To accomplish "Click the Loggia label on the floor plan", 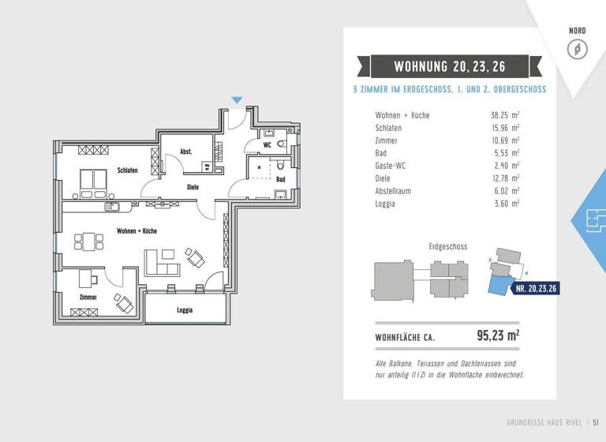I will tap(185, 310).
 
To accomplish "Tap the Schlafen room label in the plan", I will tap(128, 170).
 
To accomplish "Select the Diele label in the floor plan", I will tap(193, 187).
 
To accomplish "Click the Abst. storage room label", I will tap(186, 152).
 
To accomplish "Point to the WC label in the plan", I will tap(267, 145).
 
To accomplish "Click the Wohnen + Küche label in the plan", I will tap(137, 231).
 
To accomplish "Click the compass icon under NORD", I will tap(578, 49).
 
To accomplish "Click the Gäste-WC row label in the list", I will tap(392, 166).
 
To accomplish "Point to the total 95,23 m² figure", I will tap(498, 335).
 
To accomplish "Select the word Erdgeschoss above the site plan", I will tap(447, 246).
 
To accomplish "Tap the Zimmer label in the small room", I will tap(88, 298).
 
